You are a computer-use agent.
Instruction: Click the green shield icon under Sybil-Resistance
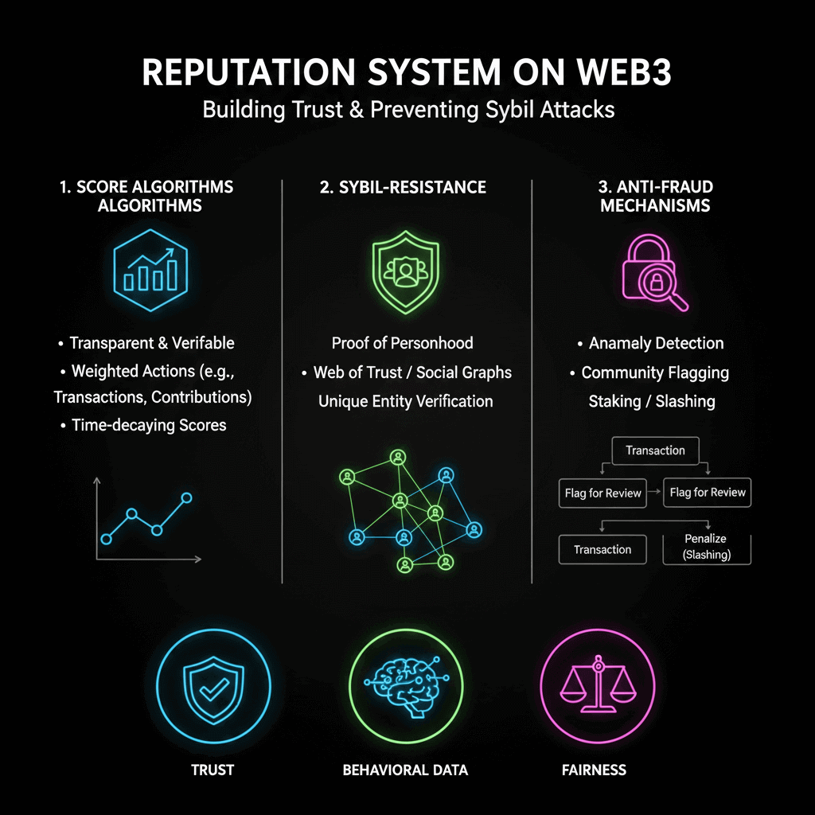point(405,270)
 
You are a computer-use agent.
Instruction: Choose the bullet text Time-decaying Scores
point(149,425)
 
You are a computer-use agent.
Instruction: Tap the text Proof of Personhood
point(402,343)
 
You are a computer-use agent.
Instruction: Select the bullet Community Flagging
point(655,372)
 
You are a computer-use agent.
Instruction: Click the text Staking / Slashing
point(651,401)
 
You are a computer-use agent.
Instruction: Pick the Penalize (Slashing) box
point(707,548)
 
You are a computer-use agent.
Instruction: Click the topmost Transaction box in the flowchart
point(655,450)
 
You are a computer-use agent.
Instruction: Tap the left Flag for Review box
point(602,493)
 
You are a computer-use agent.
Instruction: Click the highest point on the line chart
point(187,498)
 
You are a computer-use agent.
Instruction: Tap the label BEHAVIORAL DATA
point(405,770)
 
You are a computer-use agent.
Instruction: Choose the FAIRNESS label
point(594,770)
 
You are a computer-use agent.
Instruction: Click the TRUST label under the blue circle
point(213,770)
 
